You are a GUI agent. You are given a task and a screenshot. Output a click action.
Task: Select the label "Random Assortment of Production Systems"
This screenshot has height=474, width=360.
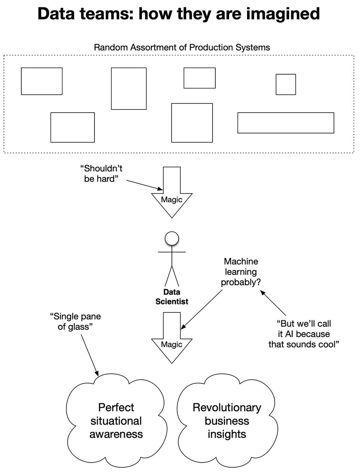[x=182, y=47]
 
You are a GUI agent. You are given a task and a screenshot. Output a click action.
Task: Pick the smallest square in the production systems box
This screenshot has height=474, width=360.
[x=286, y=85]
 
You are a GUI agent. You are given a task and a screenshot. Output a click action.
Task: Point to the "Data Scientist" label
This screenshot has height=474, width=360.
[x=172, y=297]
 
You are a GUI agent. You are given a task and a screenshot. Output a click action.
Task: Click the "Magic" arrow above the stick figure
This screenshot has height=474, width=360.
[x=172, y=192]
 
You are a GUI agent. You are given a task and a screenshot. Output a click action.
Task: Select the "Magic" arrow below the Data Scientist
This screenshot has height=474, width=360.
[x=172, y=338]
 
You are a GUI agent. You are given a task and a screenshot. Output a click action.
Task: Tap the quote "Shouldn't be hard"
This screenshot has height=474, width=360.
[x=101, y=174]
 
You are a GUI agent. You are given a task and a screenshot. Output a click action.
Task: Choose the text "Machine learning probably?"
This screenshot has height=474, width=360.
[x=241, y=272]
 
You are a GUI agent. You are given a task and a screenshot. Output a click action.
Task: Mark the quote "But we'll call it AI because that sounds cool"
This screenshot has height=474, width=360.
[x=303, y=334]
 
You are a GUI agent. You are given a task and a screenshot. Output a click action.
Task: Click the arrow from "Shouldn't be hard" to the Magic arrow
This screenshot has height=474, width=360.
[x=145, y=185]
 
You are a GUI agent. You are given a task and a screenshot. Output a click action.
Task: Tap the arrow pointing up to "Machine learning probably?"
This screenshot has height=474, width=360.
[x=273, y=303]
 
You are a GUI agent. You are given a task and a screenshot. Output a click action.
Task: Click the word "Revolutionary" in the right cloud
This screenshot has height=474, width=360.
[x=227, y=408]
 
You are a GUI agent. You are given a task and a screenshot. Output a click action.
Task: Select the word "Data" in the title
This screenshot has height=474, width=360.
[x=57, y=14]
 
